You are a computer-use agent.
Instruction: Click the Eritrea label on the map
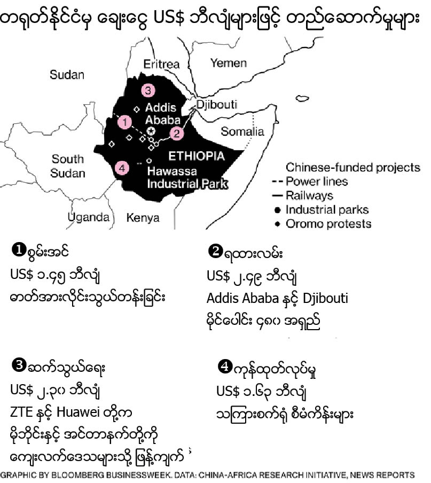pyautogui.click(x=162, y=64)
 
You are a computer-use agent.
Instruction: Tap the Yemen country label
pyautogui.click(x=228, y=63)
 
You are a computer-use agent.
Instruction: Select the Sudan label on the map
pyautogui.click(x=67, y=75)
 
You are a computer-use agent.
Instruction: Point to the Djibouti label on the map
pyautogui.click(x=216, y=104)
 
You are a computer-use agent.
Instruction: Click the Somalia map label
pyautogui.click(x=242, y=131)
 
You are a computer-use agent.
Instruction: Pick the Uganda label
pyautogui.click(x=89, y=217)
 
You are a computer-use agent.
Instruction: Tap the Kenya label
pyautogui.click(x=143, y=217)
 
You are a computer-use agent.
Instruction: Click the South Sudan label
pyautogui.click(x=68, y=166)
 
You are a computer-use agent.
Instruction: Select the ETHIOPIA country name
pyautogui.click(x=197, y=157)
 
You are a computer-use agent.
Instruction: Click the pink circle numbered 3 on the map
pyautogui.click(x=148, y=90)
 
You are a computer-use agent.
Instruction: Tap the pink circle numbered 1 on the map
pyautogui.click(x=125, y=122)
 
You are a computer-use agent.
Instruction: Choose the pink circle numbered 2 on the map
pyautogui.click(x=176, y=134)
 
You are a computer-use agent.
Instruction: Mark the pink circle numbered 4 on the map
pyautogui.click(x=122, y=168)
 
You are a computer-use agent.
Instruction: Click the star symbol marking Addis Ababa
pyautogui.click(x=152, y=131)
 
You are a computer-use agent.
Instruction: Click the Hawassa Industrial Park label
pyautogui.click(x=187, y=178)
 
